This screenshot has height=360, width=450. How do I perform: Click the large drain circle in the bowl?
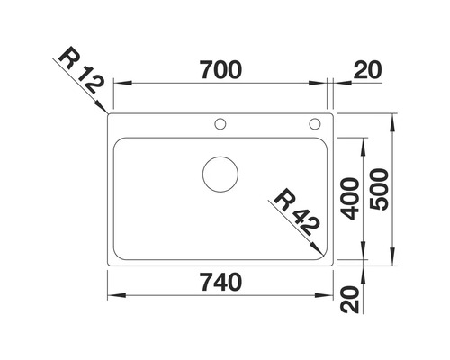[220, 174]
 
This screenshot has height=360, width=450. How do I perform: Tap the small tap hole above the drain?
[220, 123]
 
